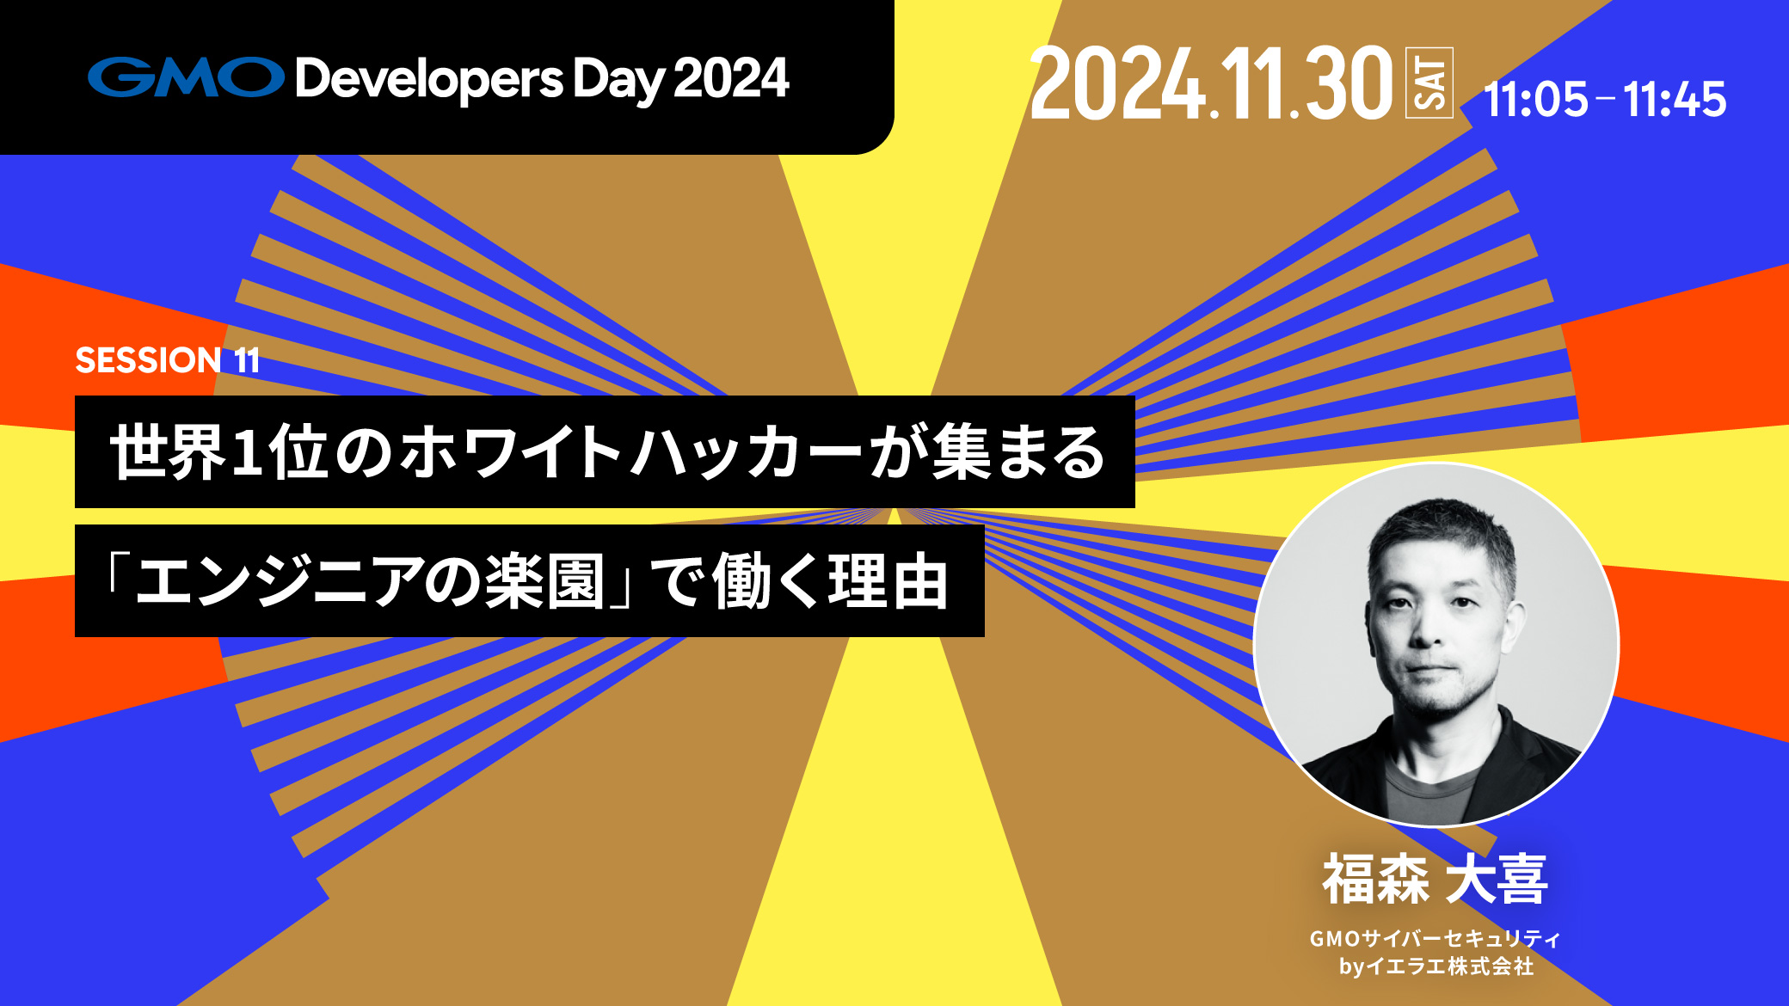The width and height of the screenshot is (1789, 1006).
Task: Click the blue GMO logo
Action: point(186,77)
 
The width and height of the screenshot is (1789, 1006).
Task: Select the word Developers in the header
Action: point(429,80)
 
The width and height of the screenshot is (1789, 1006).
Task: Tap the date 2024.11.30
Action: point(1210,83)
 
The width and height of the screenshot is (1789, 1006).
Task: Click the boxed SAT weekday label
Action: point(1429,83)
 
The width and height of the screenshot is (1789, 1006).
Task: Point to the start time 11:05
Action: point(1536,99)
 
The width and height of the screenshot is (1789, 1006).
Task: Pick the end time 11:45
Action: point(1675,99)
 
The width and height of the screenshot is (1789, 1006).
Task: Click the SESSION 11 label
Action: point(168,360)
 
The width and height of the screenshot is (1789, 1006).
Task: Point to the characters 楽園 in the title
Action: point(544,581)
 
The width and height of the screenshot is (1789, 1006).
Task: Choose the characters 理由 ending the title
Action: point(888,581)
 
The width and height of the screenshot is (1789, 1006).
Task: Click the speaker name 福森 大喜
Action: point(1435,879)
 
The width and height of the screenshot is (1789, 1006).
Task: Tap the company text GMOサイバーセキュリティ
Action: point(1435,938)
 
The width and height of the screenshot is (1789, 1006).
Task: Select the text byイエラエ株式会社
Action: point(1436,966)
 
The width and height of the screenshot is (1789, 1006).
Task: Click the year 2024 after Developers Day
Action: point(731,78)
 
